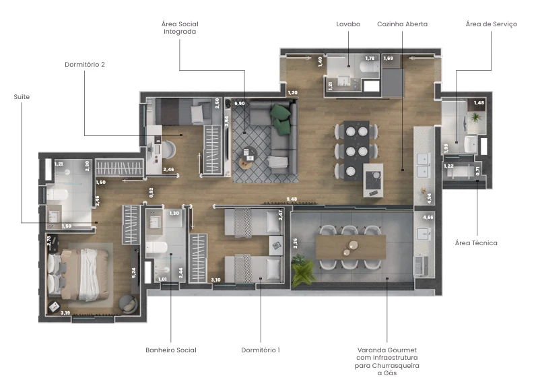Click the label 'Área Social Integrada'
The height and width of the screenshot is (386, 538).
180,28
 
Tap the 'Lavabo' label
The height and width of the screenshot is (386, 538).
348,24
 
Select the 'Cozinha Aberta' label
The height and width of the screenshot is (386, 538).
402,24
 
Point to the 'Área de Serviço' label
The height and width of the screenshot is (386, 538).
491,24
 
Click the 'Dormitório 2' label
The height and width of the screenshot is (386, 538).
85,65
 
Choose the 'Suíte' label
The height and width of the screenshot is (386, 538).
22,97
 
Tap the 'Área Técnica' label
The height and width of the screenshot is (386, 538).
476,243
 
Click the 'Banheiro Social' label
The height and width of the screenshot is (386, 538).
171,350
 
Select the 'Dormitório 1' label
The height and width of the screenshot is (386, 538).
261,350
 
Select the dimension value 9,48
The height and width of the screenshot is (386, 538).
291,199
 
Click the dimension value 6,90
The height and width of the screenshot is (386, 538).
239,104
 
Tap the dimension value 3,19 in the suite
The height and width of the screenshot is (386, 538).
65,313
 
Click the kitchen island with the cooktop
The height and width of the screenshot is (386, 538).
372,179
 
